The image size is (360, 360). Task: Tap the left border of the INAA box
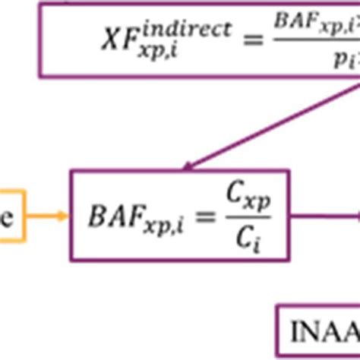point(279,330)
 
